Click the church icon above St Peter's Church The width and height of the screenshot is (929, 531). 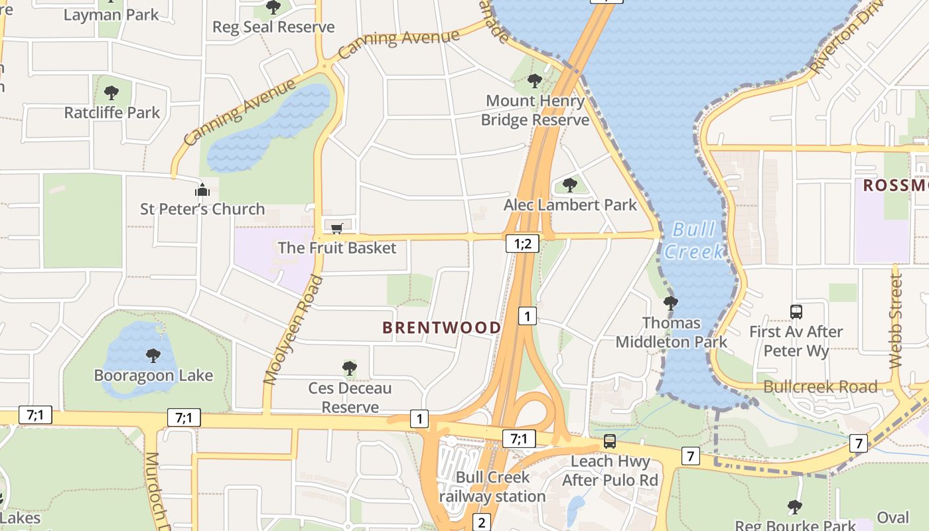point(202,190)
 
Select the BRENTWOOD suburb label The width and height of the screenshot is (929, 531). point(442,327)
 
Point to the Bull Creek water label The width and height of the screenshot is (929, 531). point(694,240)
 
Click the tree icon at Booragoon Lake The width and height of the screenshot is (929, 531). point(153,356)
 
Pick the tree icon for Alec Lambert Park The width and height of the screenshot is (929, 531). point(569,185)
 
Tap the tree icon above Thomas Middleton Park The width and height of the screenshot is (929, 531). point(671,303)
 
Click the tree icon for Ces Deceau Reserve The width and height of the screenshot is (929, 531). point(350,368)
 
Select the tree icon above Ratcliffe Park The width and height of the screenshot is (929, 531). point(111,93)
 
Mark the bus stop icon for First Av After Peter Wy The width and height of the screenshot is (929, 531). point(796,311)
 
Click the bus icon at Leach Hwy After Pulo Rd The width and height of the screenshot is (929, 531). point(609,441)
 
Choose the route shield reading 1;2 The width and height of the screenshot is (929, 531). point(522,244)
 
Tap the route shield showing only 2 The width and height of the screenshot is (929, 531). point(482,522)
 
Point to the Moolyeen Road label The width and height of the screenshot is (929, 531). point(293,330)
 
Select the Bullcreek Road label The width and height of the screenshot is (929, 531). point(820,386)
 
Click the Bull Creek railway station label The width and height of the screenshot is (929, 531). point(492,487)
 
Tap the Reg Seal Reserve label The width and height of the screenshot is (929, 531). point(273,27)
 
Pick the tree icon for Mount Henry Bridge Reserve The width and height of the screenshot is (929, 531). point(534,82)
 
